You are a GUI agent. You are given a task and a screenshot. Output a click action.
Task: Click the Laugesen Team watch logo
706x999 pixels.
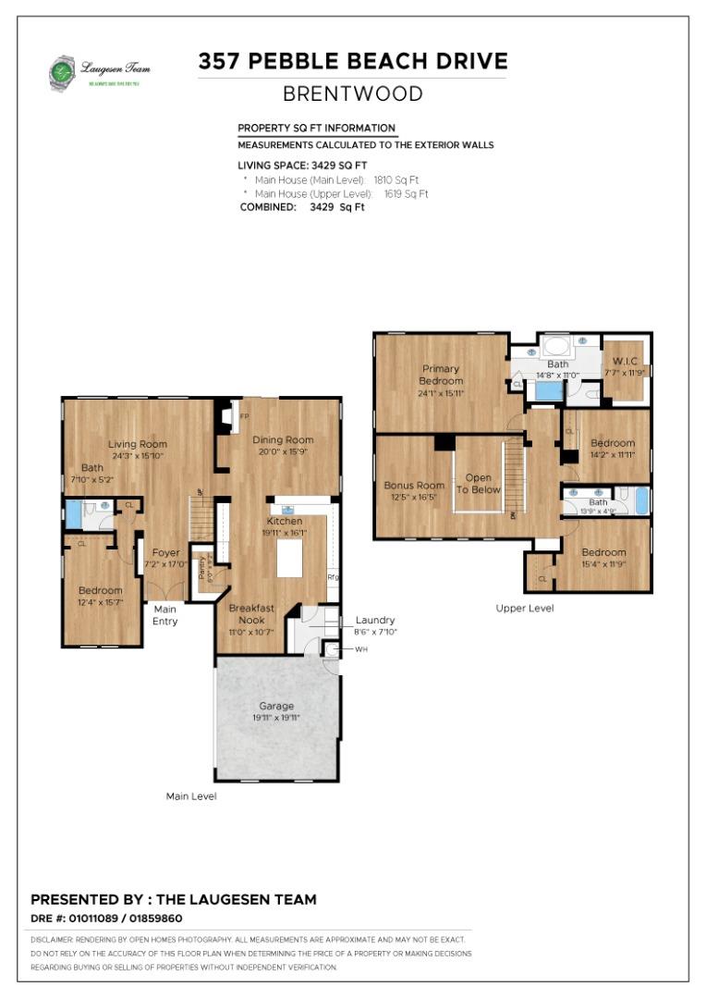pos(63,73)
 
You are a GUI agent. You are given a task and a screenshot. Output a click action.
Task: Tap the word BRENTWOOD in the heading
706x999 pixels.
pos(352,94)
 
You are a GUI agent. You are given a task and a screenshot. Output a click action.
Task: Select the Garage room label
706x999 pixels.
pos(276,706)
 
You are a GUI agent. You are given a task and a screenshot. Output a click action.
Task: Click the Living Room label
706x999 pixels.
pos(138,444)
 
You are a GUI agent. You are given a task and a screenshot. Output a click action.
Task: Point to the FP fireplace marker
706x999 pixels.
pos(245,417)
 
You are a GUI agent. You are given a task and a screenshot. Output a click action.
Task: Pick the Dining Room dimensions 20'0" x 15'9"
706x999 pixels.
pos(283,451)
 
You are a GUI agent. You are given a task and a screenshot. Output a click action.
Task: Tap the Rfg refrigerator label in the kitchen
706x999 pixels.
pos(333,578)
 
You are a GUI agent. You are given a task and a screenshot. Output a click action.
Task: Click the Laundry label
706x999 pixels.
pos(375,620)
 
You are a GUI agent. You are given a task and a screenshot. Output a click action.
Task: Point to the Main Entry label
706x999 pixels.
pos(164,615)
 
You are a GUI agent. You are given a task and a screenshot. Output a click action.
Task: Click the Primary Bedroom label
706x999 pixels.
pos(441,374)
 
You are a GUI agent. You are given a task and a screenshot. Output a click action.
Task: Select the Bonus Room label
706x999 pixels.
pos(414,485)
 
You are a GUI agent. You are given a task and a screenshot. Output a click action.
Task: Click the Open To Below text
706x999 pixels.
pos(478,484)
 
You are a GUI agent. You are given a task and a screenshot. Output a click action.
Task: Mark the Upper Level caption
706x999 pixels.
pos(524,608)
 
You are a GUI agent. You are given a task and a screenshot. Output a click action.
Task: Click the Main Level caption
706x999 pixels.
pos(191,795)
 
